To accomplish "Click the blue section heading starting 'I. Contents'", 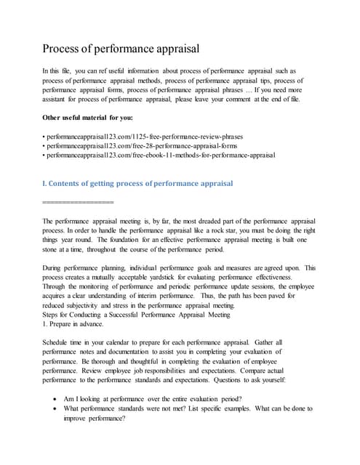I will pyautogui.click(x=138, y=183).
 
